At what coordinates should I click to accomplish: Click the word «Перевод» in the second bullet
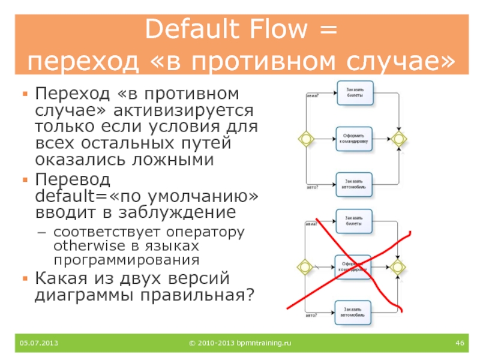point(73,179)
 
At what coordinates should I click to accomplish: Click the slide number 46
point(461,343)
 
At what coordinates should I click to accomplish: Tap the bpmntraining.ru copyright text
point(239,343)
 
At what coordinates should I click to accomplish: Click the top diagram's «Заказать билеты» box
point(355,92)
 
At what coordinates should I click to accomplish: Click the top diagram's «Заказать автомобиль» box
point(354,185)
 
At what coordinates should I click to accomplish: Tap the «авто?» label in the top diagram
point(313,188)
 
